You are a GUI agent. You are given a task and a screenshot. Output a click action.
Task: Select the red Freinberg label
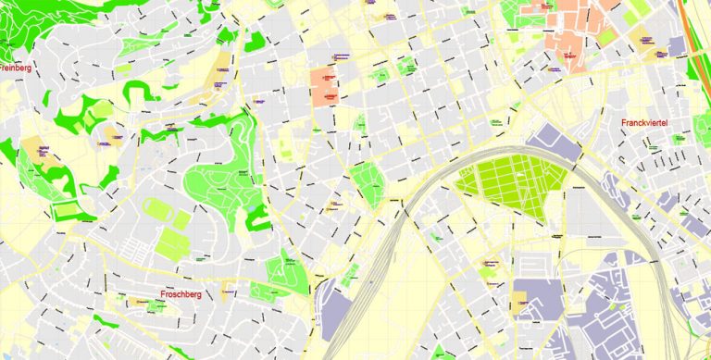[x=17, y=68]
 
